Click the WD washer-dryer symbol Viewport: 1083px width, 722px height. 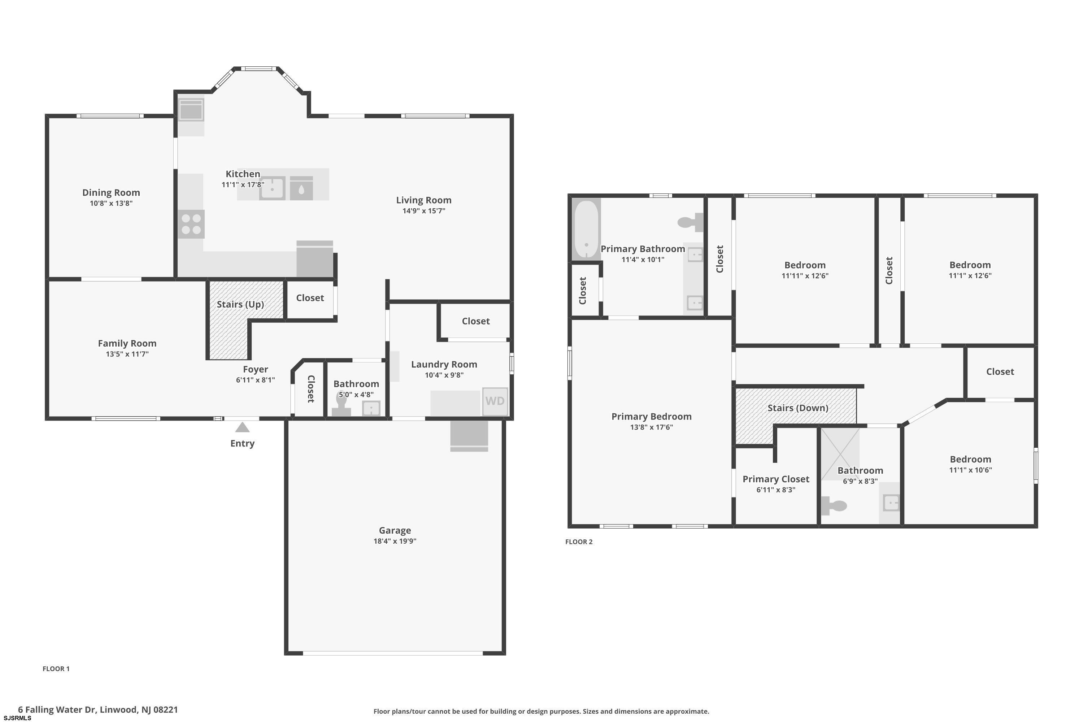[x=495, y=401]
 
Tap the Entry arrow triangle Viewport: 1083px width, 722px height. [x=242, y=428]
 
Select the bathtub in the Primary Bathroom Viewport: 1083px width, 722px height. [x=586, y=229]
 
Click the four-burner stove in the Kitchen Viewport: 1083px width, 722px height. [x=191, y=224]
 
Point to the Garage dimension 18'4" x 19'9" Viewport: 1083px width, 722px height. [x=395, y=541]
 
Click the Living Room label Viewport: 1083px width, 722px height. [x=423, y=200]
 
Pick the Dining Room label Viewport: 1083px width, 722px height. [x=111, y=193]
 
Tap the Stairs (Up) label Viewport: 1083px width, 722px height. [x=240, y=304]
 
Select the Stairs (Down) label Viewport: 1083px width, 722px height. [x=798, y=408]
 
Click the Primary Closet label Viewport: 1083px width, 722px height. [x=776, y=479]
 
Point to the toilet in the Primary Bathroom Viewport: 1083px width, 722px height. [x=690, y=222]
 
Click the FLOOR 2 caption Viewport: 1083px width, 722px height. [x=579, y=542]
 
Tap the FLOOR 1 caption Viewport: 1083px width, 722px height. [x=56, y=669]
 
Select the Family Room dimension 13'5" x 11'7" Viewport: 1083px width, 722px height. [x=127, y=354]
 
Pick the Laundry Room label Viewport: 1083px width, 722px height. [x=444, y=365]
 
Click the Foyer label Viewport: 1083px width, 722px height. [x=256, y=370]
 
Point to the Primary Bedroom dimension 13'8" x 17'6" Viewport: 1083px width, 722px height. [x=652, y=427]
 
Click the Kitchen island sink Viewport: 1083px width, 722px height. [x=272, y=188]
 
